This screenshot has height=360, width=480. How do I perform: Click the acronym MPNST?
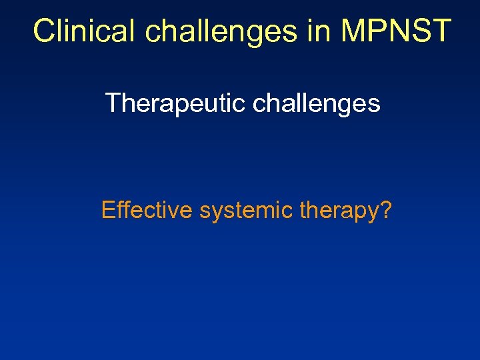coord(397,31)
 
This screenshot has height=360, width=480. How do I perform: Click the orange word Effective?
coord(147,211)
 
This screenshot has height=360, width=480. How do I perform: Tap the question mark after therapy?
coord(385,211)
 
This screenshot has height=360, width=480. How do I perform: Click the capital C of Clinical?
coord(44,31)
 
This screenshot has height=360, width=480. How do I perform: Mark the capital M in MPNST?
coord(355,31)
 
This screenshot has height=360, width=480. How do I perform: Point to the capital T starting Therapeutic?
coord(112,103)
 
